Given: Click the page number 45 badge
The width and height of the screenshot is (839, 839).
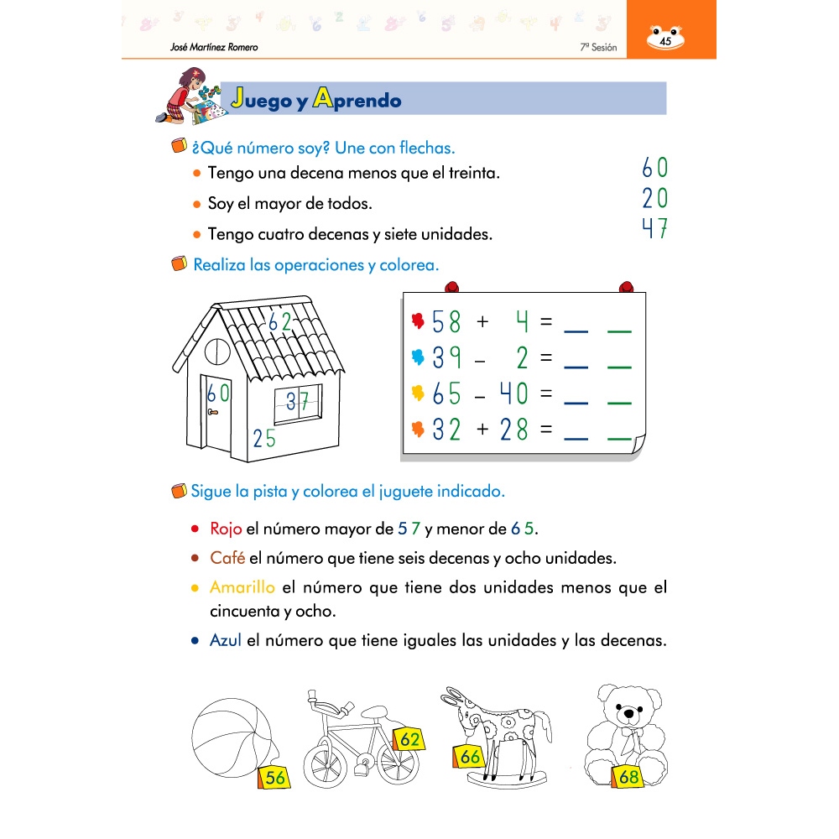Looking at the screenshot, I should (x=665, y=40).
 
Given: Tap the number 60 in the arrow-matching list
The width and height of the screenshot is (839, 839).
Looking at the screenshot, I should (x=654, y=168).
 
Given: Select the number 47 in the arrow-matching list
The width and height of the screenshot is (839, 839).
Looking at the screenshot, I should (x=654, y=228).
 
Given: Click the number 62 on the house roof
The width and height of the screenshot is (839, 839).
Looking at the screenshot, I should (x=279, y=321).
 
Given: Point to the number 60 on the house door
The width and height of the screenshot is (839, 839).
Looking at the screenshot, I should (x=218, y=392).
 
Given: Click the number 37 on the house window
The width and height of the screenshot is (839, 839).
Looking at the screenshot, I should (x=298, y=402).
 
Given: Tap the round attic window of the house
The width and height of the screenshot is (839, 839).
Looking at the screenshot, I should (x=216, y=347).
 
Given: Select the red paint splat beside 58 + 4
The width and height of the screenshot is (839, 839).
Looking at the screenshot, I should (x=419, y=321).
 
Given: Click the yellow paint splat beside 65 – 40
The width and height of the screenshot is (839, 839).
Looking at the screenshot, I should (x=419, y=393).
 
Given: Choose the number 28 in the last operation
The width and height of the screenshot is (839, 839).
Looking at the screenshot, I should (x=513, y=430).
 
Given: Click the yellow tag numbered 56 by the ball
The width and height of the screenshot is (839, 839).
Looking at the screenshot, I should (x=274, y=777).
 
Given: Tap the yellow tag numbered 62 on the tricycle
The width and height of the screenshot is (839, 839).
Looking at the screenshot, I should (x=409, y=740).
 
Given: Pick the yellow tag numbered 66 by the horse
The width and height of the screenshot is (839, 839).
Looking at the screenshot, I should (x=470, y=757).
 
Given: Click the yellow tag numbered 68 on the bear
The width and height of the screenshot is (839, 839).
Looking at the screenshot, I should (x=628, y=777).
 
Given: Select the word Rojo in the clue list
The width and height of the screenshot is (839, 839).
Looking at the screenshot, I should (x=226, y=529).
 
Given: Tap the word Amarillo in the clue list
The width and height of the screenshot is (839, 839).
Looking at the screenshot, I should (x=242, y=587).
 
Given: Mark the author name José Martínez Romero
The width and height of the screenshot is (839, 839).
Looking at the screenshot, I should (x=214, y=48).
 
